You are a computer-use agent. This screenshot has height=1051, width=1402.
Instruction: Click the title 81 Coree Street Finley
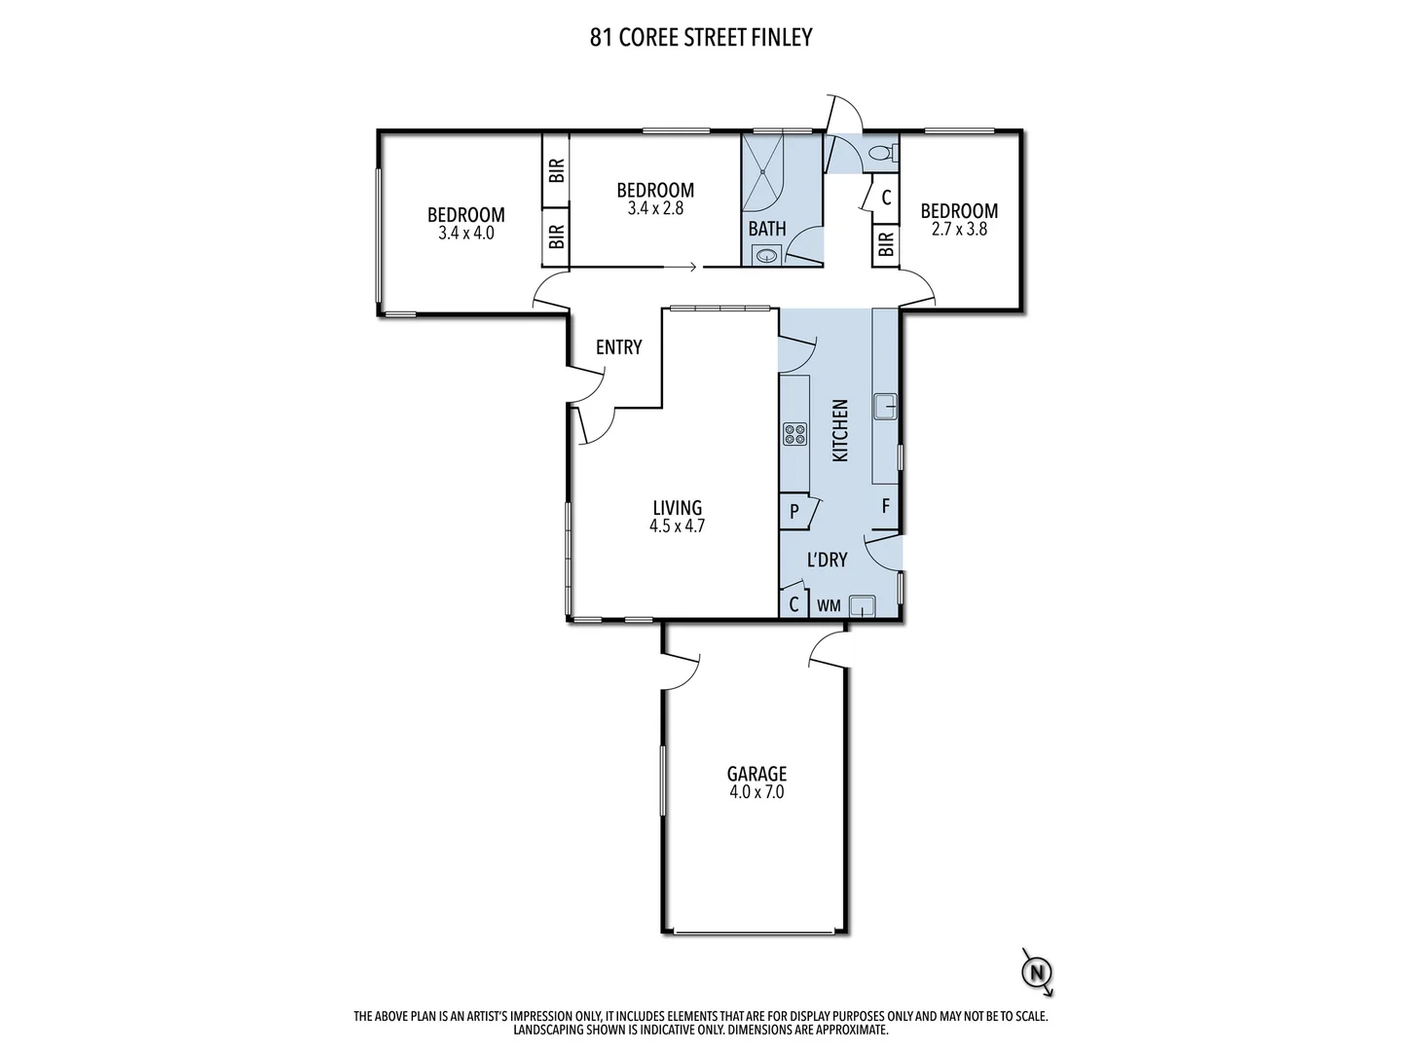click(700, 38)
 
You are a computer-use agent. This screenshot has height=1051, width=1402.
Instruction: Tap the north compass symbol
click(1038, 971)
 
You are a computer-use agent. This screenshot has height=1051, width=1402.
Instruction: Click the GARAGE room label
click(756, 774)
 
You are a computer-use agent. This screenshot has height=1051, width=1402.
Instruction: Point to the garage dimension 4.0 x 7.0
click(756, 792)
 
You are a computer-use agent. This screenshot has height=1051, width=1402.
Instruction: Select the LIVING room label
click(677, 507)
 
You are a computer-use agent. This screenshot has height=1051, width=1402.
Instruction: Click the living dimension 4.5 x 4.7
click(677, 526)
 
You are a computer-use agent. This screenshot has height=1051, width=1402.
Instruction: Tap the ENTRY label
click(618, 347)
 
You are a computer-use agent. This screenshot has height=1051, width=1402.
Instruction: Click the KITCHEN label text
click(840, 430)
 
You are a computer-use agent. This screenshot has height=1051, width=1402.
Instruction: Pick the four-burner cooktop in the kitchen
click(794, 433)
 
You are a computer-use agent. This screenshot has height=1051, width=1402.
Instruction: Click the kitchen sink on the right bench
click(885, 406)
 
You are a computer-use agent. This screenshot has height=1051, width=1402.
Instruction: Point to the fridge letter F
click(886, 506)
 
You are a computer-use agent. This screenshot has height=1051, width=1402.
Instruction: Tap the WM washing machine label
click(829, 605)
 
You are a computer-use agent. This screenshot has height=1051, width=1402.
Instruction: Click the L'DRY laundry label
click(828, 560)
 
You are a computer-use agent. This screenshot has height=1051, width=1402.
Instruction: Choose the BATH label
click(767, 230)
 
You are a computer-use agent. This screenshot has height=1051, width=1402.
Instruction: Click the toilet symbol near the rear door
click(881, 153)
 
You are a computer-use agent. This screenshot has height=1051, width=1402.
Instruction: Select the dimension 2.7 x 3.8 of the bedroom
click(959, 230)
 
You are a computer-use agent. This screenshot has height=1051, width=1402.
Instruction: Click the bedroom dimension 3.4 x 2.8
click(654, 208)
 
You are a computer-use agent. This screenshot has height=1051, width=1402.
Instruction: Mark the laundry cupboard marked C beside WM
click(793, 604)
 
